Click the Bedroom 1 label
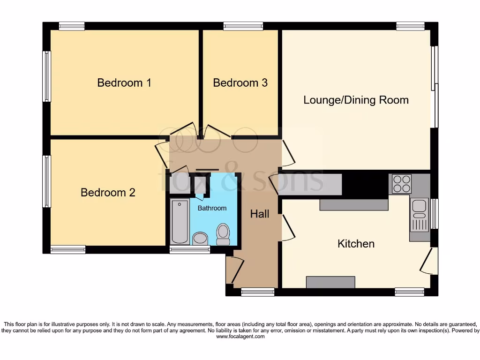[x=124, y=83]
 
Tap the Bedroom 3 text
[x=240, y=83]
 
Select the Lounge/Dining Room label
[x=356, y=100]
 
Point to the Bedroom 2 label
[x=108, y=193]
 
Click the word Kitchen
[x=356, y=244]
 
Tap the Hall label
[x=259, y=214]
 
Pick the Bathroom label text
[x=212, y=208]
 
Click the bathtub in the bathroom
[x=180, y=222]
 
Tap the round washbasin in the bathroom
[x=200, y=238]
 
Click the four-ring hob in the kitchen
[x=401, y=184]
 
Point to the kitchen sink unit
[x=419, y=215]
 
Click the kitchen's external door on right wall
[x=429, y=262]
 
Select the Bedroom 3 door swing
[x=216, y=131]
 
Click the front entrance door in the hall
[x=235, y=271]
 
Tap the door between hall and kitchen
[x=288, y=227]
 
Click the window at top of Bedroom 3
[x=243, y=26]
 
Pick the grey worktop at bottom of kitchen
[x=330, y=282]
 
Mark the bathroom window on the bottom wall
[x=189, y=250]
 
